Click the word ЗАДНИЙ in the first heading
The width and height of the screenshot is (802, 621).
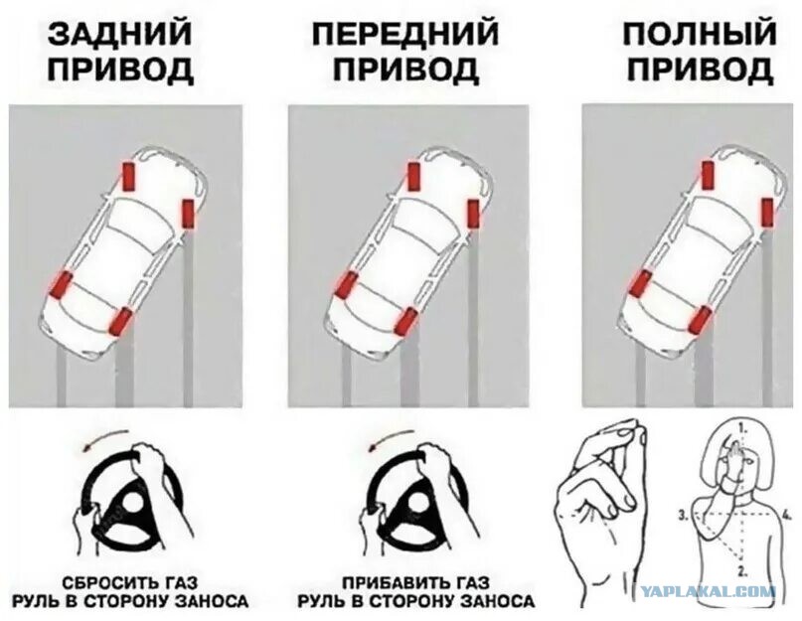(119, 33)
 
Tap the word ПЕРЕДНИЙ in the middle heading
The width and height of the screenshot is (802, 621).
(405, 33)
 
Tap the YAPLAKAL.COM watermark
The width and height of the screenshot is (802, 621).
(708, 592)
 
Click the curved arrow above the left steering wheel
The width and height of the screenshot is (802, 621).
(105, 437)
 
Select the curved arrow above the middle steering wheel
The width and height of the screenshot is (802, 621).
(393, 437)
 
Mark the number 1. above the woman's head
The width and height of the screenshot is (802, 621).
(742, 425)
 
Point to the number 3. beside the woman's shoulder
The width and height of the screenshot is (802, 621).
(684, 516)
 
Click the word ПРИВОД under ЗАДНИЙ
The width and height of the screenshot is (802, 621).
(120, 70)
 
